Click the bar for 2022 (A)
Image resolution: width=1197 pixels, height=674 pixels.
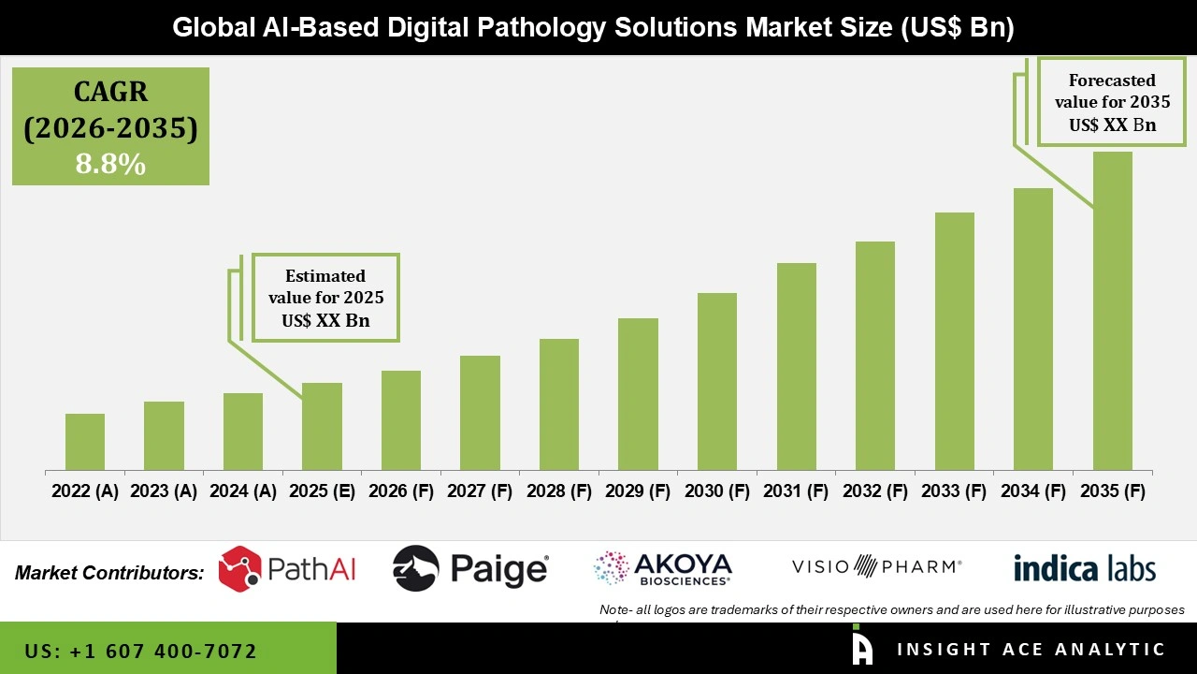click(85, 442)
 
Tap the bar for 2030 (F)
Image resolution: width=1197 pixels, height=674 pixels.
click(717, 381)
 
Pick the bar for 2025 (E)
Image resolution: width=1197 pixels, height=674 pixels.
click(322, 426)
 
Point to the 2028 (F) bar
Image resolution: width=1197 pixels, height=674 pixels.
click(559, 404)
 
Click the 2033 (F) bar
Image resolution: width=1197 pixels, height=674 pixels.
click(954, 341)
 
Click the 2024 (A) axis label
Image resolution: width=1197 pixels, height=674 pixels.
click(243, 491)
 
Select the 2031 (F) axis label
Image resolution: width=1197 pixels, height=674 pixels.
click(797, 491)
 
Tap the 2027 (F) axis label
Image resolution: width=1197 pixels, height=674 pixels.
click(480, 491)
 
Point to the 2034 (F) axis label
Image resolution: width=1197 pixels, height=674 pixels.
click(1033, 491)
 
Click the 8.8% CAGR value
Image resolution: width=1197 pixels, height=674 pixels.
click(110, 165)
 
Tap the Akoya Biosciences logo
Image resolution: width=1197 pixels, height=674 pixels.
click(662, 568)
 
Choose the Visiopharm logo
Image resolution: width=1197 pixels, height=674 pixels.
click(876, 566)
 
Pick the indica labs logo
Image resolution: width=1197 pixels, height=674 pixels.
click(1084, 568)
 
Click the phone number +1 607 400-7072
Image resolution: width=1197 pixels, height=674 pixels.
click(141, 651)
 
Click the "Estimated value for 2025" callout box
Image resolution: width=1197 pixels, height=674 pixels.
click(325, 298)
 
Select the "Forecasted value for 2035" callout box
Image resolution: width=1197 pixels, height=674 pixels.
click(1105, 102)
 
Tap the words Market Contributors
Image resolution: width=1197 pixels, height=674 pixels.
click(109, 573)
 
